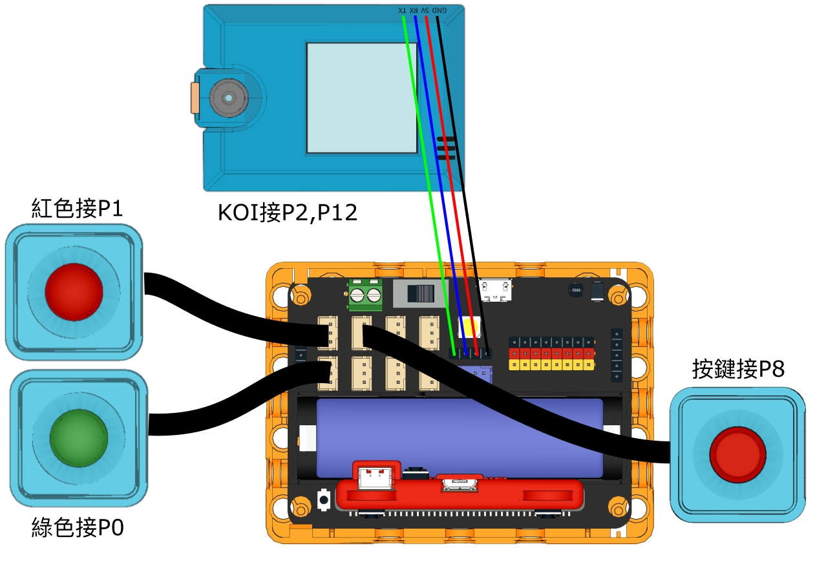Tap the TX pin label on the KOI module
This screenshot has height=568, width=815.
(403, 11)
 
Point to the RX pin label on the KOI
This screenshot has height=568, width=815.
(414, 11)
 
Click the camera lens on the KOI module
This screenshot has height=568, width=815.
(228, 98)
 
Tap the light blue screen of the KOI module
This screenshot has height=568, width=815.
(362, 98)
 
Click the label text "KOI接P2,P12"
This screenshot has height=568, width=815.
(287, 212)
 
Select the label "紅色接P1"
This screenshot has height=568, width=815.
(77, 208)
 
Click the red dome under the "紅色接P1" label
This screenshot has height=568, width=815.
(74, 291)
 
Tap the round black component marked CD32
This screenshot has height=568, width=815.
(576, 290)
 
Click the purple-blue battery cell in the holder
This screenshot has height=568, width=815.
(459, 437)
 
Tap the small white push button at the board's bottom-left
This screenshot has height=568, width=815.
(324, 499)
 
